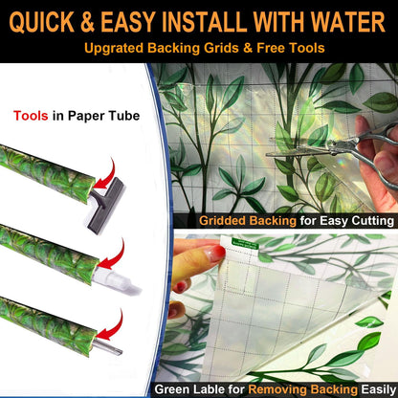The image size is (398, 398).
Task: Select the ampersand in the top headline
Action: (x=87, y=22)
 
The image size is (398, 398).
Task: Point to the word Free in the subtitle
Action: (x=272, y=48)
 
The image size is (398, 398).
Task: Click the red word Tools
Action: (x=31, y=116)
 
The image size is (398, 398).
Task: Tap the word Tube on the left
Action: (x=124, y=116)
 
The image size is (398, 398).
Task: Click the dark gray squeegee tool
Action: (x=104, y=204)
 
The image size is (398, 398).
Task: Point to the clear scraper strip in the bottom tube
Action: (x=108, y=346)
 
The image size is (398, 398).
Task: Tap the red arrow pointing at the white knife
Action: (x=112, y=255)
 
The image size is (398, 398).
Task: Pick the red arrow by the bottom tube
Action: (x=110, y=326)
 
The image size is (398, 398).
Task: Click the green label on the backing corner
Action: (x=245, y=243)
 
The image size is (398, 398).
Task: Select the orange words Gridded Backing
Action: (x=248, y=221)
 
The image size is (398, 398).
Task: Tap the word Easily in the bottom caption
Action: (x=379, y=389)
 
